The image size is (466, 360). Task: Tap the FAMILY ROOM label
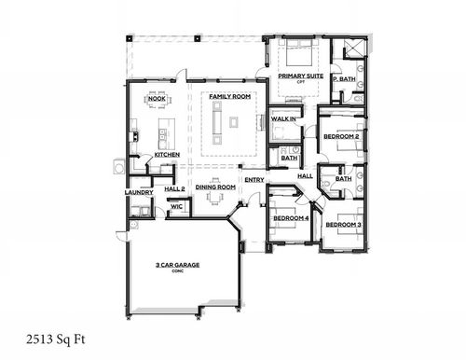tap(228, 97)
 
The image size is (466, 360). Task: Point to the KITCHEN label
tap(167, 154)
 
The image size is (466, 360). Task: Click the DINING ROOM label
tap(214, 187)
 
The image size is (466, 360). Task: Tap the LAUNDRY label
tap(138, 192)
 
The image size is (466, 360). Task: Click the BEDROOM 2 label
tap(341, 136)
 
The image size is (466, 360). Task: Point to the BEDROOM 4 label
tap(290, 219)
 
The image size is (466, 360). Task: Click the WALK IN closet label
tap(283, 119)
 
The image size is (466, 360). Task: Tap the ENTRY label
tap(254, 180)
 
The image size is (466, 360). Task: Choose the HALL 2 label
tap(175, 189)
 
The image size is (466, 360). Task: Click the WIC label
tap(176, 207)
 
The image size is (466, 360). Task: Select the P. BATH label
tap(344, 79)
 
